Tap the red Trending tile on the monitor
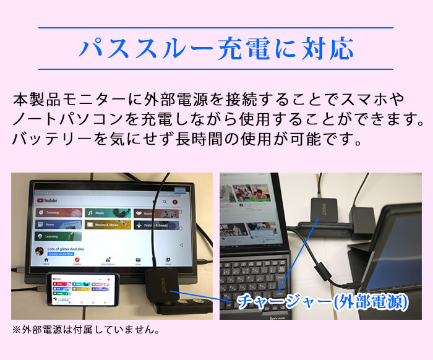coord(59,212)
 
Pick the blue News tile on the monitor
coord(59,225)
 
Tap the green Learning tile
coord(59,236)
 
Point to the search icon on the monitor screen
coord(164,202)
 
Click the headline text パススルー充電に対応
coord(216,48)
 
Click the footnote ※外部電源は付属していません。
coord(86,330)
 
